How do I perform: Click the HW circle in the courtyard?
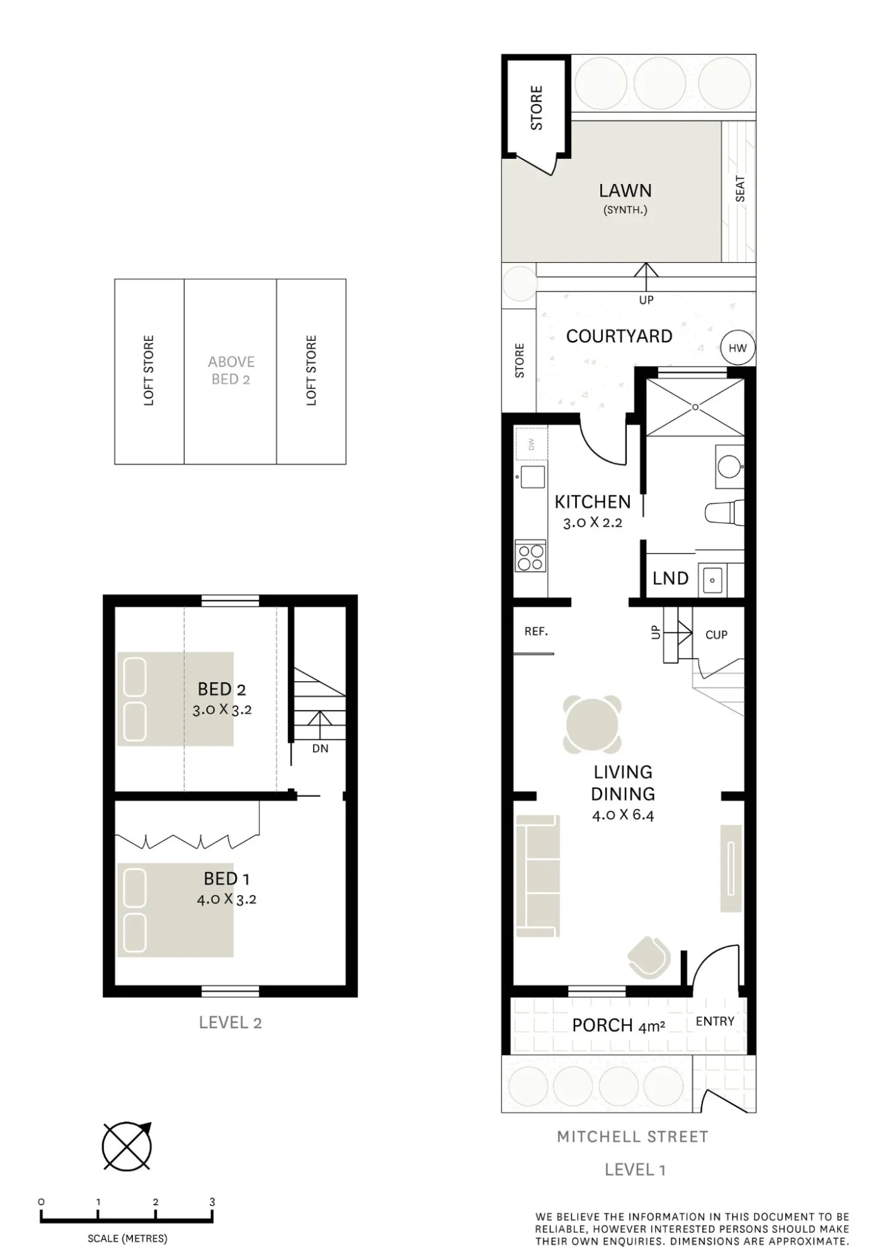click(738, 348)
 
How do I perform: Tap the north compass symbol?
click(127, 1146)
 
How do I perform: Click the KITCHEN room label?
click(592, 501)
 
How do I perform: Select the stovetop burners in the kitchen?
click(530, 556)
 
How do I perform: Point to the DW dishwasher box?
click(531, 444)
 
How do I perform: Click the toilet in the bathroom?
click(724, 513)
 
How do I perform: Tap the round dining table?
click(592, 724)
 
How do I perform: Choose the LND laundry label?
click(670, 578)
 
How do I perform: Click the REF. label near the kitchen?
click(536, 631)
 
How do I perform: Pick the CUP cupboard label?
click(716, 635)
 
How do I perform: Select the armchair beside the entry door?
click(649, 957)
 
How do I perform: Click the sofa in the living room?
click(537, 876)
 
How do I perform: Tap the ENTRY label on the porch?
click(715, 1021)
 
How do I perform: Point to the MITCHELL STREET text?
click(632, 1137)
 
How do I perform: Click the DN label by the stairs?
click(320, 748)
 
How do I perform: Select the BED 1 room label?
click(226, 878)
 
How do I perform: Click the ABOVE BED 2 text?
click(231, 370)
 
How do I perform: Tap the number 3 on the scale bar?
click(212, 1201)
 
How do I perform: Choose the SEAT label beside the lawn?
click(740, 189)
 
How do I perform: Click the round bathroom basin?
click(730, 467)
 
